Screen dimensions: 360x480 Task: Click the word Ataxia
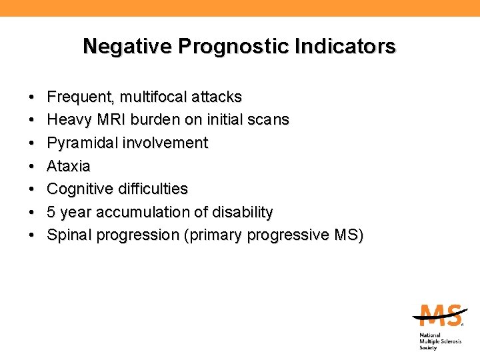[x=69, y=166]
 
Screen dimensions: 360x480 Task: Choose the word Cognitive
[x=80, y=189]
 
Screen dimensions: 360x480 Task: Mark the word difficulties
[x=153, y=189]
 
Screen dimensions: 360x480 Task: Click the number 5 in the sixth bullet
[x=51, y=212]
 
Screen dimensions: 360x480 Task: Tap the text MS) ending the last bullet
[x=347, y=235]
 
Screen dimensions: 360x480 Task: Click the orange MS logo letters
[x=437, y=316]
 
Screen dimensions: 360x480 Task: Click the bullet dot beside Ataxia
[x=32, y=166]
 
